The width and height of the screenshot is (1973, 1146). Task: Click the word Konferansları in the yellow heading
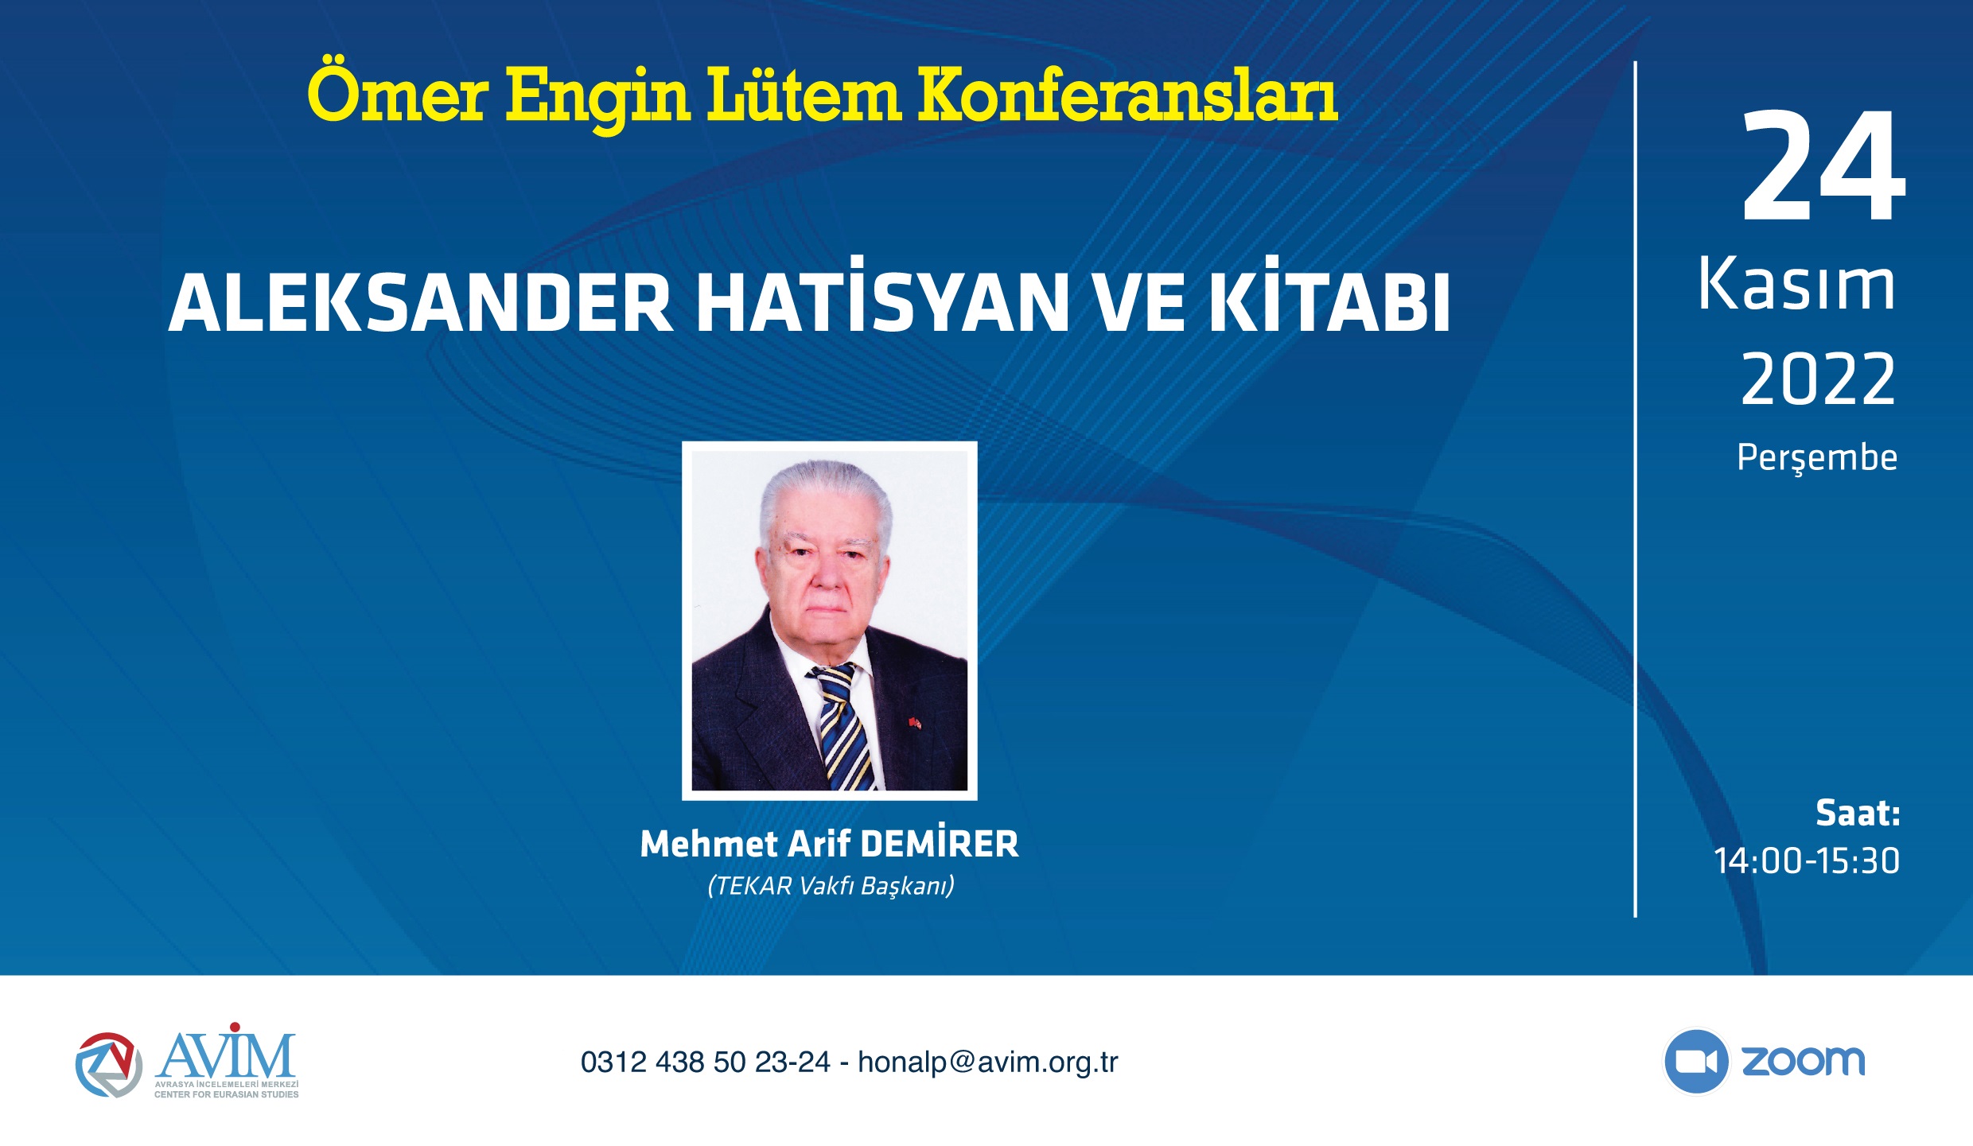pos(1128,95)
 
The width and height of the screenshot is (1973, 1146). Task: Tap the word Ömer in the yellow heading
pos(397,93)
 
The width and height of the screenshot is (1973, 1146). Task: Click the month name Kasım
pos(1796,284)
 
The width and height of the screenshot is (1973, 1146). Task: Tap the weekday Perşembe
pos(1817,459)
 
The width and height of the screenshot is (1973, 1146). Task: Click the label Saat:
pos(1858,813)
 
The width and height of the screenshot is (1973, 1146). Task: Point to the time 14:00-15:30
pos(1807,860)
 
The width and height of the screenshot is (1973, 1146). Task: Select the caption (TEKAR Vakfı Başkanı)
pos(831,886)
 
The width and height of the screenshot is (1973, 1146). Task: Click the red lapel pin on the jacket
pos(914,723)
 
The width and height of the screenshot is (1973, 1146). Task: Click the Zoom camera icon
pos(1695,1062)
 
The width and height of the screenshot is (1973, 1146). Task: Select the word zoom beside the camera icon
pos(1804,1062)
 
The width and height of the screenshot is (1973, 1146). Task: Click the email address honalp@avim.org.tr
pos(988,1062)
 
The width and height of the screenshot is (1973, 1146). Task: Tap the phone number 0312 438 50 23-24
pos(705,1062)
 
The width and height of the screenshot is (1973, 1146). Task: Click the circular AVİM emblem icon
pos(109,1065)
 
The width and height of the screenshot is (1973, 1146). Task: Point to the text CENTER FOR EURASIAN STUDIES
pos(227,1094)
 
